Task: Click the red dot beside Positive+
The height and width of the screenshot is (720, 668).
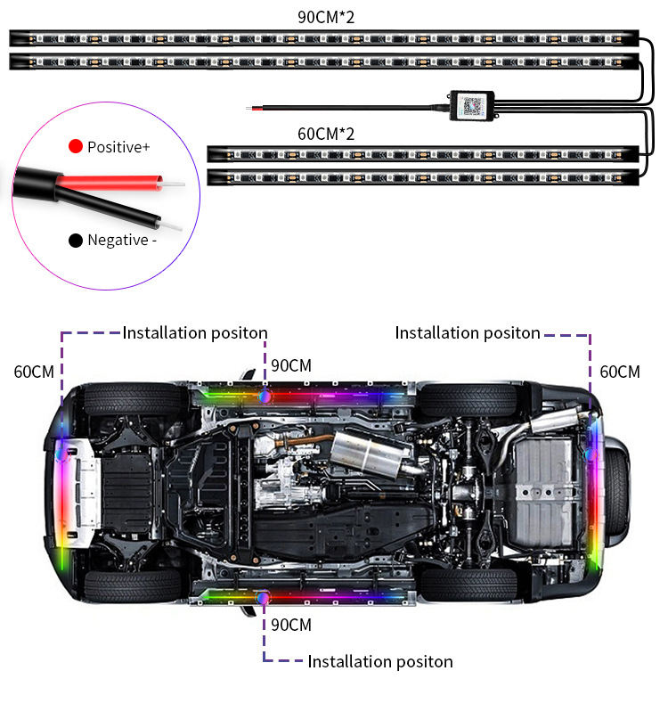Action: [76, 146]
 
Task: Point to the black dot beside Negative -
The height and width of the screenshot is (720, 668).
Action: [76, 240]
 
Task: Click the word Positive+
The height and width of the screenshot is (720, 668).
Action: [118, 146]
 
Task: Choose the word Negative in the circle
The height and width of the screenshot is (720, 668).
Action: [117, 240]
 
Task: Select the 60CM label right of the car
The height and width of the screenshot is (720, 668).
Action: [619, 372]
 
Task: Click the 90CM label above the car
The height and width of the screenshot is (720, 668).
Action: [291, 365]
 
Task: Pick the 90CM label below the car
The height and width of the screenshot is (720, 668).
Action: [291, 625]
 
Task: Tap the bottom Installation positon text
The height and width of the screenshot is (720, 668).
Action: [380, 661]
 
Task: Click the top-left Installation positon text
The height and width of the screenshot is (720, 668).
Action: [195, 332]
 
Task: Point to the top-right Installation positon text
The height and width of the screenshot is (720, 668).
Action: [468, 332]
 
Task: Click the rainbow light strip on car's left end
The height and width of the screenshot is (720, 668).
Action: [60, 491]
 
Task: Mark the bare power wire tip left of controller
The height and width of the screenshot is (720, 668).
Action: [253, 109]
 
